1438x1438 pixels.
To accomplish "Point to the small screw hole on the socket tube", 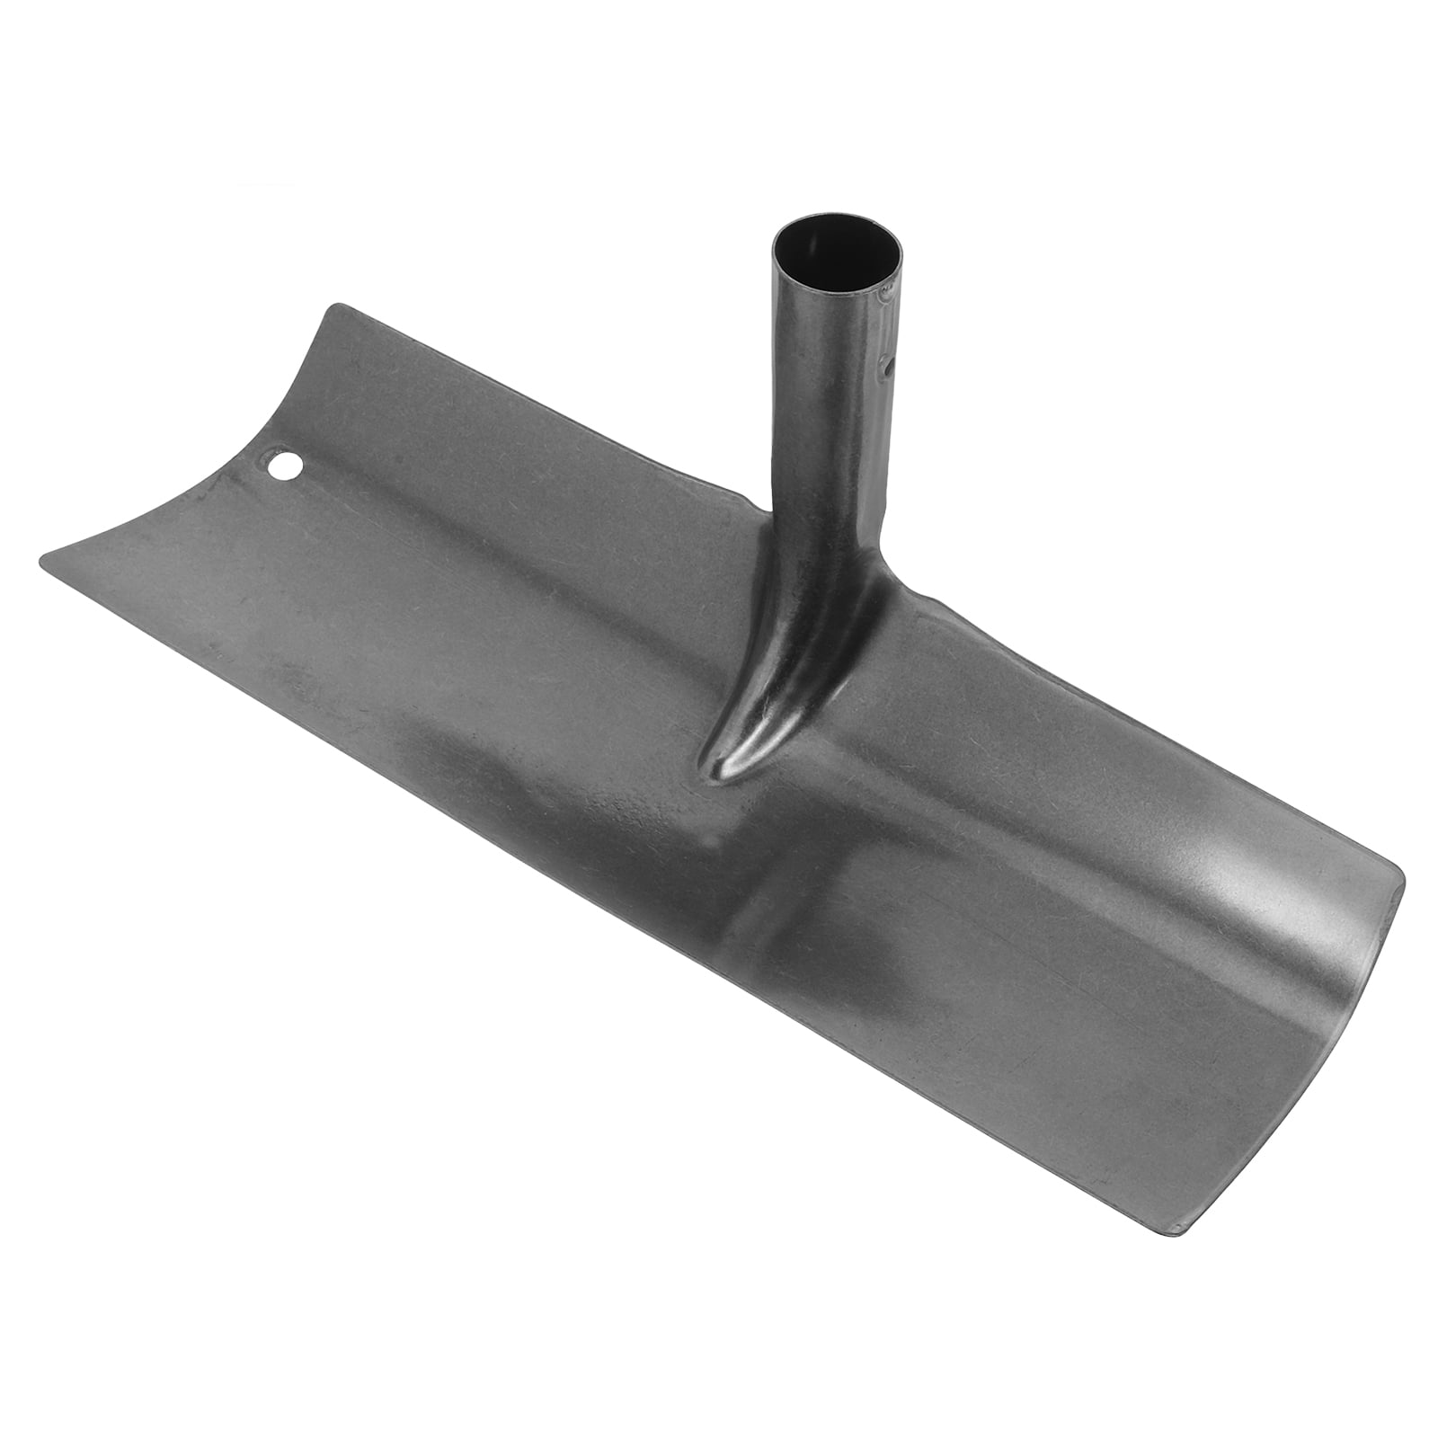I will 886,368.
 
